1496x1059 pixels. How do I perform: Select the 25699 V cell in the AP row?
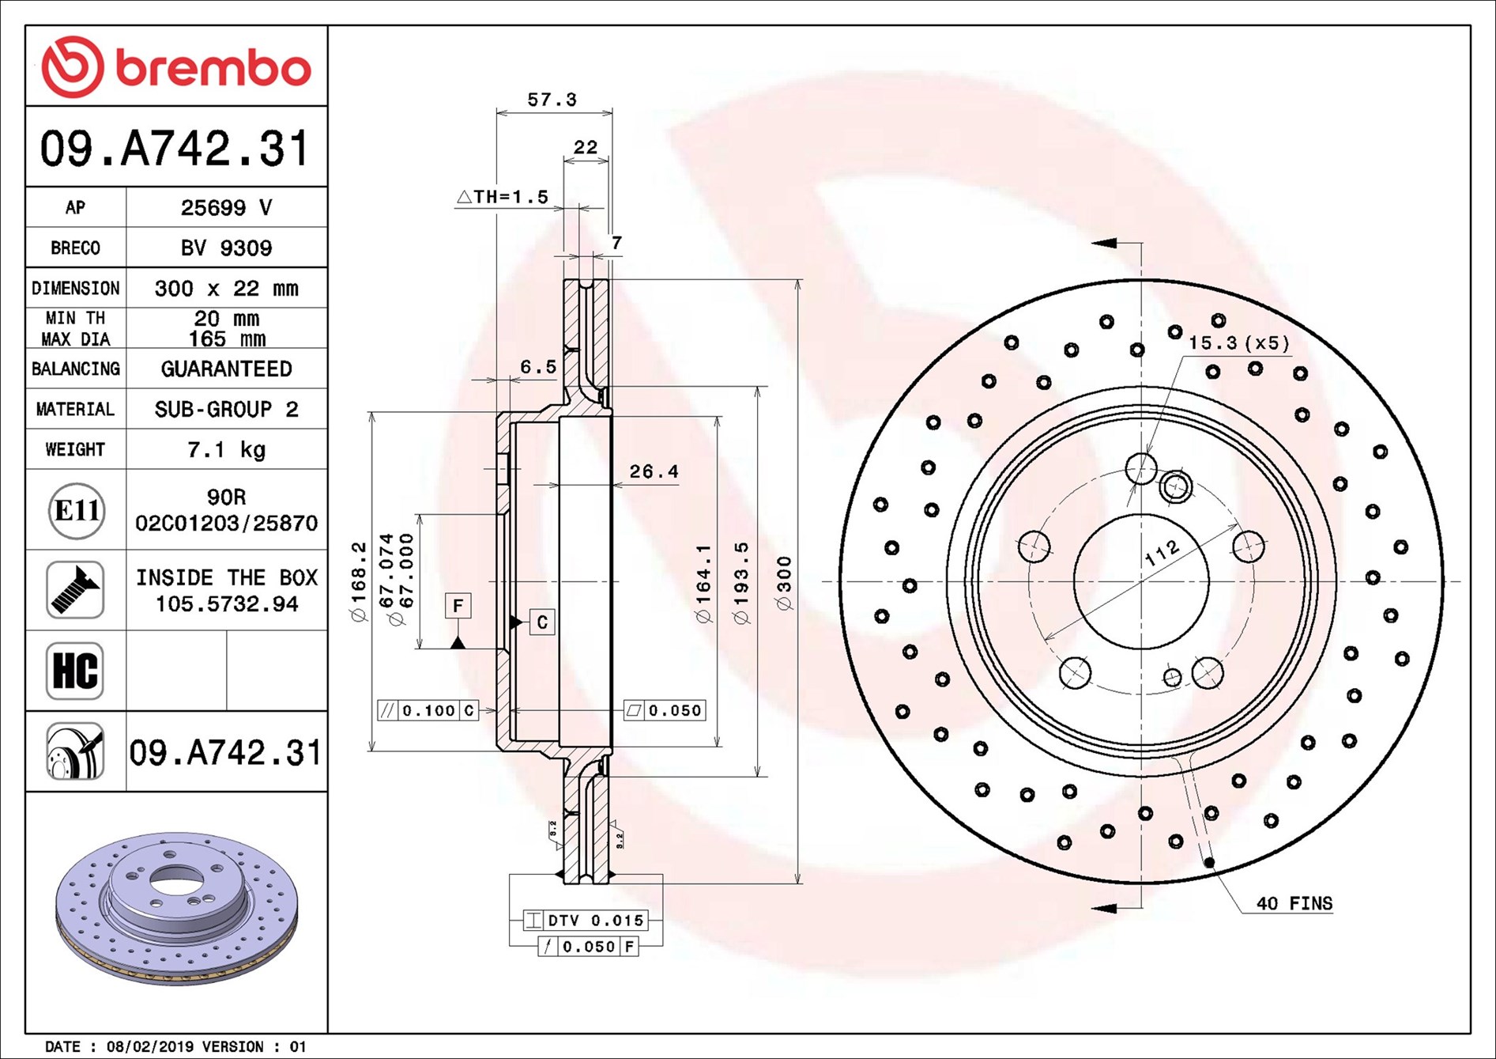click(227, 207)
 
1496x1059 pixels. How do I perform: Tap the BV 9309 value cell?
click(227, 248)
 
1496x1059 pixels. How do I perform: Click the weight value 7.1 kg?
click(227, 449)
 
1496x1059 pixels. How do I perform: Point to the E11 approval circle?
click(76, 510)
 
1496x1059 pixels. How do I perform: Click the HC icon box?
click(75, 671)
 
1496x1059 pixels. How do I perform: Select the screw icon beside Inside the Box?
click(75, 590)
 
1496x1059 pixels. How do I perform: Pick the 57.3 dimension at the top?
click(552, 100)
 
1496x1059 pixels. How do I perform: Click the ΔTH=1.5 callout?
click(503, 196)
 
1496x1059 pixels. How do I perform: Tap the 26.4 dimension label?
click(654, 471)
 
